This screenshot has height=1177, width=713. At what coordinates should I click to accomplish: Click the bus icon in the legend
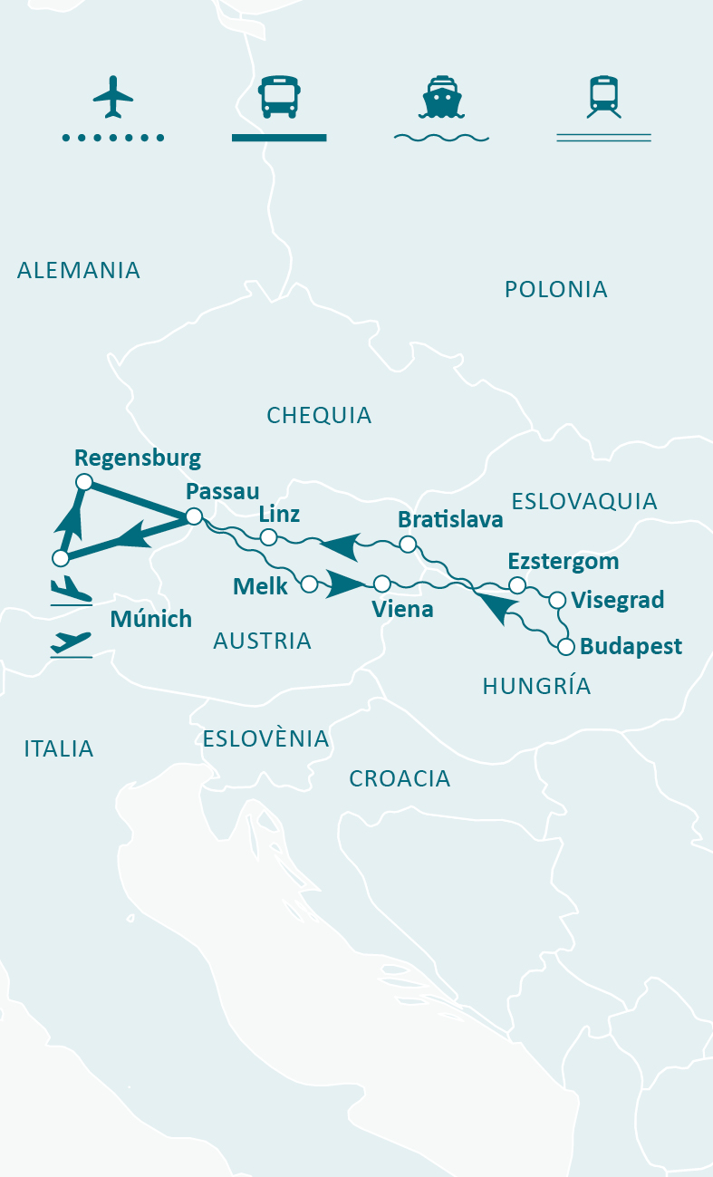(278, 97)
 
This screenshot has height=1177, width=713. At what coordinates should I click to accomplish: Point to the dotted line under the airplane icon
(113, 138)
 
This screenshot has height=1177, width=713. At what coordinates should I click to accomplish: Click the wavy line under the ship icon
(441, 138)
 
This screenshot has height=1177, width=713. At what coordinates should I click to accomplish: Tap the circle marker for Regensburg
(83, 482)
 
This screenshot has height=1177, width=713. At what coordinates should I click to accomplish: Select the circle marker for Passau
(193, 516)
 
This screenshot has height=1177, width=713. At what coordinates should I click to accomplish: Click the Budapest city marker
(566, 647)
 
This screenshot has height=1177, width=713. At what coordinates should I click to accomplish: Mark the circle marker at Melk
(309, 584)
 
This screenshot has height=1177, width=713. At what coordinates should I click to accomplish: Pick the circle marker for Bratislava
(408, 544)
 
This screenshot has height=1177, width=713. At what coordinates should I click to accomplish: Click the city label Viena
(402, 609)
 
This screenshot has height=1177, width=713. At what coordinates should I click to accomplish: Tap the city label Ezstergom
(563, 561)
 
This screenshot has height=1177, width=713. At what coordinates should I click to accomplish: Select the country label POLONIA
(555, 289)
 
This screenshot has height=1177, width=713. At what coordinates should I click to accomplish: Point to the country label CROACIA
(400, 778)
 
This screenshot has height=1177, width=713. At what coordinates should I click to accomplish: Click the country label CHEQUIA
(319, 415)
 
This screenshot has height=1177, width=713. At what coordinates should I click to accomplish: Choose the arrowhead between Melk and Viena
(344, 584)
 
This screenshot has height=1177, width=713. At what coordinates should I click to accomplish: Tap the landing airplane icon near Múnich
(72, 591)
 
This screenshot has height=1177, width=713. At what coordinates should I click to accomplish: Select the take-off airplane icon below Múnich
(72, 642)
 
